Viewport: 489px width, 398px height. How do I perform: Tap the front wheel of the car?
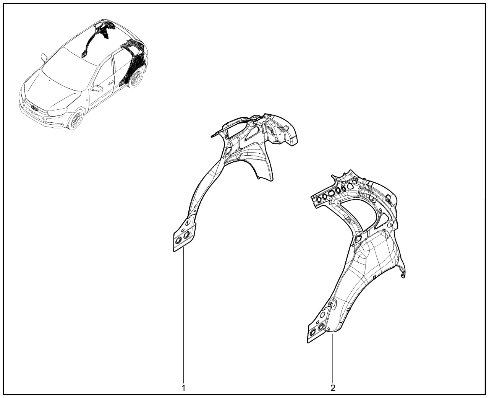(x=75, y=120)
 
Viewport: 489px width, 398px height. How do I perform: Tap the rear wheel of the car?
(x=136, y=78)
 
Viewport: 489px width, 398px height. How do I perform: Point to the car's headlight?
(x=57, y=112)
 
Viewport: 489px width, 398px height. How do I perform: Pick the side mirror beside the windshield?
(x=44, y=58)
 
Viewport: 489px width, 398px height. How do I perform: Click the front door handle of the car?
(x=111, y=82)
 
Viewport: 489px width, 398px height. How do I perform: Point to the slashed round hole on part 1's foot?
(x=188, y=222)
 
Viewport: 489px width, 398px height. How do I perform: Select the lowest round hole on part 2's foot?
(x=313, y=333)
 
